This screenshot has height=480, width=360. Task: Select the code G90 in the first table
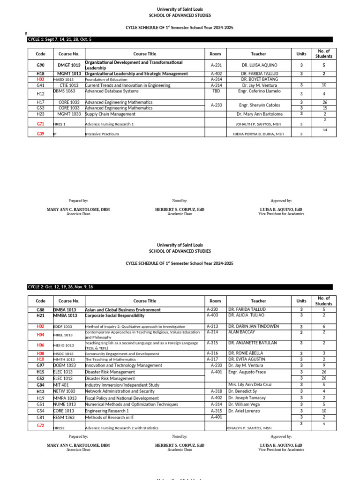[x=40, y=65]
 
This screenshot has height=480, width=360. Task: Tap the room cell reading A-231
[x=216, y=65]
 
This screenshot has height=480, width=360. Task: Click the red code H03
[x=40, y=79]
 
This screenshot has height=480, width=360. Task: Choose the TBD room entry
[x=216, y=91]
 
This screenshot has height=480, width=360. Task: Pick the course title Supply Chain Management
[x=110, y=114]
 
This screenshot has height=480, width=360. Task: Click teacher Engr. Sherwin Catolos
[x=259, y=105]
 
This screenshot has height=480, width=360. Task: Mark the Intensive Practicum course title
[x=102, y=134]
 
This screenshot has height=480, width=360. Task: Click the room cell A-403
[x=212, y=315]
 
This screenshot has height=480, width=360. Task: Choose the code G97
[x=40, y=365]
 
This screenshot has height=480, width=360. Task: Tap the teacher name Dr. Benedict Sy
[x=242, y=391]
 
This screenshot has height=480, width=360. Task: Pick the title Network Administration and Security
[x=120, y=391]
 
